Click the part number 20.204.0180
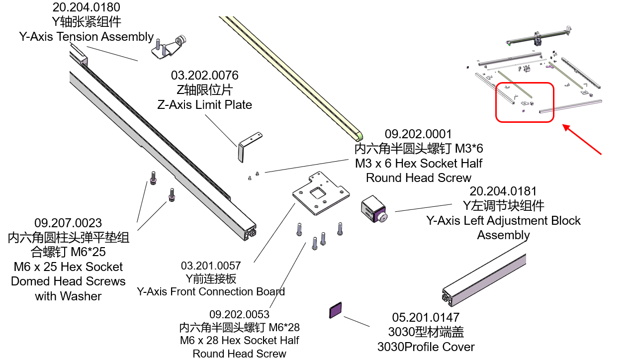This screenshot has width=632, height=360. pyautogui.click(x=86, y=7)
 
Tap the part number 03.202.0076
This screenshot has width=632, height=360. pyautogui.click(x=204, y=76)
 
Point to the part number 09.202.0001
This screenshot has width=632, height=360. pyautogui.click(x=418, y=134)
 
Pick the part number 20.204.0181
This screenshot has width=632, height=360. pyautogui.click(x=503, y=191)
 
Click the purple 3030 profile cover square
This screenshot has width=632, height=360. pyautogui.click(x=336, y=310)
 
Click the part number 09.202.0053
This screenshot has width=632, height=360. pyautogui.click(x=239, y=314)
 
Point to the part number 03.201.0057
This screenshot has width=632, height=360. pyautogui.click(x=211, y=266)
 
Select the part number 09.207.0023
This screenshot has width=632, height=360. pyautogui.click(x=68, y=223)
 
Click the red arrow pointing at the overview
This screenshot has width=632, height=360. pyautogui.click(x=582, y=140)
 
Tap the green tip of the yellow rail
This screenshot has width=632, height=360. pyautogui.click(x=359, y=135)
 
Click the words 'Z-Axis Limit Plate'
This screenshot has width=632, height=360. pyautogui.click(x=204, y=105)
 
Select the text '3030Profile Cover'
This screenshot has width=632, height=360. pyautogui.click(x=426, y=347)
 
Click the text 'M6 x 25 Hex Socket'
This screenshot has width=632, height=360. pyautogui.click(x=68, y=267)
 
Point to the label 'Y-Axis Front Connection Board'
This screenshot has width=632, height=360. pyautogui.click(x=211, y=291)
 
